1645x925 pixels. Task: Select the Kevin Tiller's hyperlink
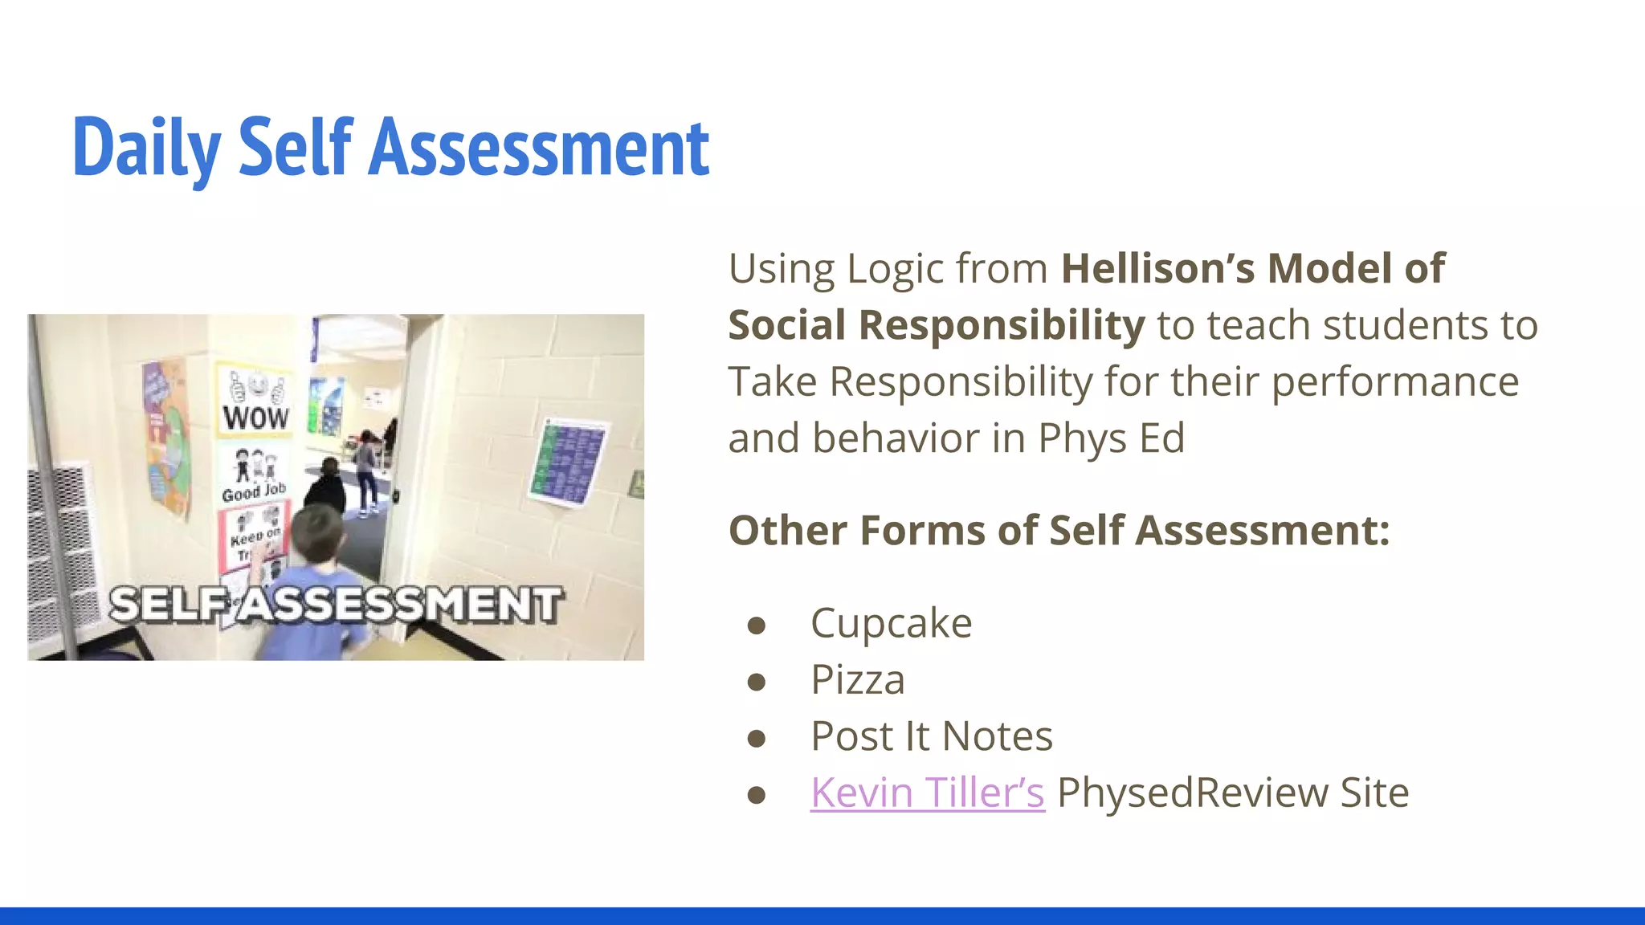point(927,793)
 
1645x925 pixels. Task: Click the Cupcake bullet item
point(891,623)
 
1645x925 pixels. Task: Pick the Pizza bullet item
point(857,679)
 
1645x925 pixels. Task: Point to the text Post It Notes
point(931,736)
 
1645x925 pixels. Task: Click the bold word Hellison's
point(1157,268)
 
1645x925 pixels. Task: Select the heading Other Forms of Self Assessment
point(1058,531)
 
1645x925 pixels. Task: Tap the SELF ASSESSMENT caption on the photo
point(335,604)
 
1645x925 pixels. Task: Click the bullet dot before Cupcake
point(756,625)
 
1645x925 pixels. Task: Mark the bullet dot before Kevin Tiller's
point(756,794)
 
